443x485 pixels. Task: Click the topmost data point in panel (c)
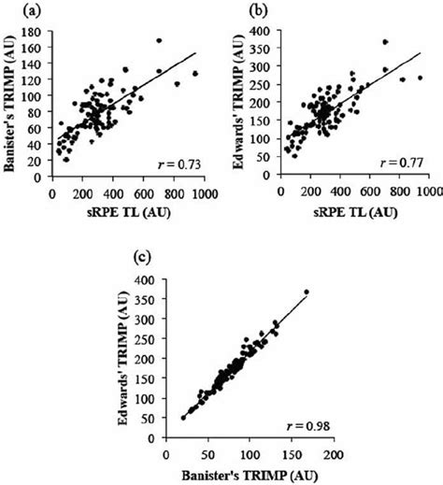tap(307, 292)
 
